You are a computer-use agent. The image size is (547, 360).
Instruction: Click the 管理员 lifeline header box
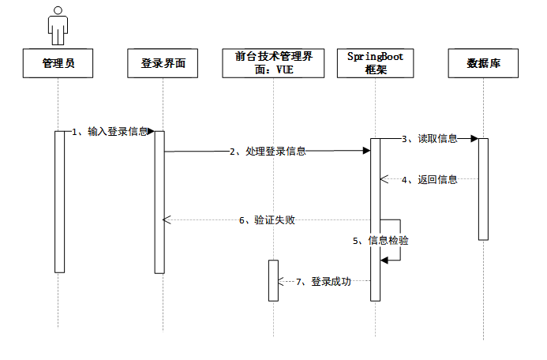click(x=59, y=64)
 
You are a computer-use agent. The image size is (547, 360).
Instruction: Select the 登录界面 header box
click(x=163, y=64)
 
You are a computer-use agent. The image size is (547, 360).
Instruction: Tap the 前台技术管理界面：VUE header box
click(x=272, y=64)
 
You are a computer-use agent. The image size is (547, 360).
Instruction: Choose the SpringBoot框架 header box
click(x=376, y=64)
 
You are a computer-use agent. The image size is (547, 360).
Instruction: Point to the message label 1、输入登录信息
click(x=110, y=132)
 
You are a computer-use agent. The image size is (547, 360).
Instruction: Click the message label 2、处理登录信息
click(x=268, y=152)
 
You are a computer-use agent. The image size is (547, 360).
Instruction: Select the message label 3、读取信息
click(x=429, y=139)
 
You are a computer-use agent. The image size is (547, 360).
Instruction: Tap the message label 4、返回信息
click(x=429, y=179)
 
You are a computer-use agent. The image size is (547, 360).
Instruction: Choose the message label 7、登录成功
click(x=323, y=281)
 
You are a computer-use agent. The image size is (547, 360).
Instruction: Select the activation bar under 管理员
click(x=59, y=201)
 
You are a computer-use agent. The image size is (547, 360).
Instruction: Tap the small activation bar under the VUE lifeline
click(x=273, y=280)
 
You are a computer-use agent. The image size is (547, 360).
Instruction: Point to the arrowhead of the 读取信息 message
click(x=474, y=139)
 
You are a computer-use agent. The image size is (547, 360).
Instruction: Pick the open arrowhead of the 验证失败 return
click(x=166, y=220)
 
